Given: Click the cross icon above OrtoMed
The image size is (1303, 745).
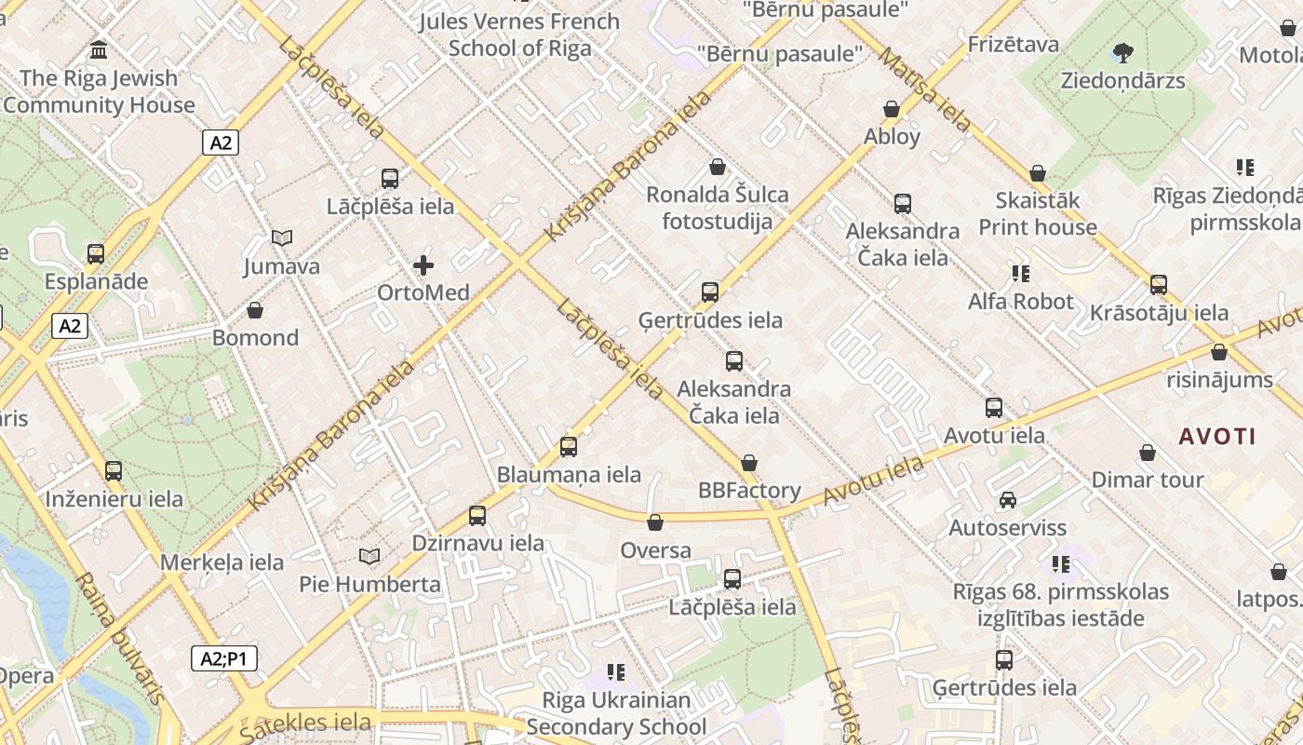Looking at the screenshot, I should pos(423,265).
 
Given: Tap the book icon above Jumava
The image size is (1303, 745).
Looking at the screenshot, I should pos(282,238).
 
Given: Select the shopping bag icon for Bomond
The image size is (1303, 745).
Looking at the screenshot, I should pos(255,310).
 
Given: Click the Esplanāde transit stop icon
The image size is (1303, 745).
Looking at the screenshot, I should pos(96,253).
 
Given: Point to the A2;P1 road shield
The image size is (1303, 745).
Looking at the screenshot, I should pos(224,658).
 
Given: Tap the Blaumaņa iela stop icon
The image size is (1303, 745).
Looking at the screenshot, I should pos(569,446).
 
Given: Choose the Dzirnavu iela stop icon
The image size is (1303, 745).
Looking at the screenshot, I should pos(477,515).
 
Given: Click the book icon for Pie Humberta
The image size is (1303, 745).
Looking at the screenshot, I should pos(369,556).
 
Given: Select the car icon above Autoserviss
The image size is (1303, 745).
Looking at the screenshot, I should pos(1007,500).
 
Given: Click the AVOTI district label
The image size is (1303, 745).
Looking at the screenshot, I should pos(1217,436).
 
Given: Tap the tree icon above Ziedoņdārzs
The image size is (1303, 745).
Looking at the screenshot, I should pos(1123,52).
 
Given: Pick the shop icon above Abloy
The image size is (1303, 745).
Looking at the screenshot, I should pos(892,109).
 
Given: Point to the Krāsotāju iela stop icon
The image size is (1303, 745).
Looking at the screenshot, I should pos(1159,284).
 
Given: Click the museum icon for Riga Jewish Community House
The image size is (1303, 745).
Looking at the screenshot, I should pos(99,49).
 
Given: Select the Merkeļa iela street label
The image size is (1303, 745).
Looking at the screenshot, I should pos(222,562).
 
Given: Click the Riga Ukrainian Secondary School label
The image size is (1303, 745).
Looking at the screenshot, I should pos(616,713).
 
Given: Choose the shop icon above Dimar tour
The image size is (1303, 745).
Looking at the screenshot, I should pos(1148,453).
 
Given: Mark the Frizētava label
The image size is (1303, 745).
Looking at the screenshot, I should pos(1014,44).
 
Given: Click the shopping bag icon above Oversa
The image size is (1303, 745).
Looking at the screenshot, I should pos(655,522).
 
